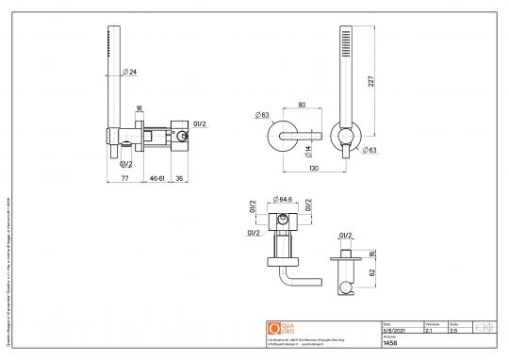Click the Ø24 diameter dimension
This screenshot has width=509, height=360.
point(132,71)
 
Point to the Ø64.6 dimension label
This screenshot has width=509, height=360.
point(284,200)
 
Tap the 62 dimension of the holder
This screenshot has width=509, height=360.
point(371,270)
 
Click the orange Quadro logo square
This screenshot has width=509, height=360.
point(275,327)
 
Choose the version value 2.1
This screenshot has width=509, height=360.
point(430,331)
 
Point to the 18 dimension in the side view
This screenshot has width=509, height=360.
point(139,108)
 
